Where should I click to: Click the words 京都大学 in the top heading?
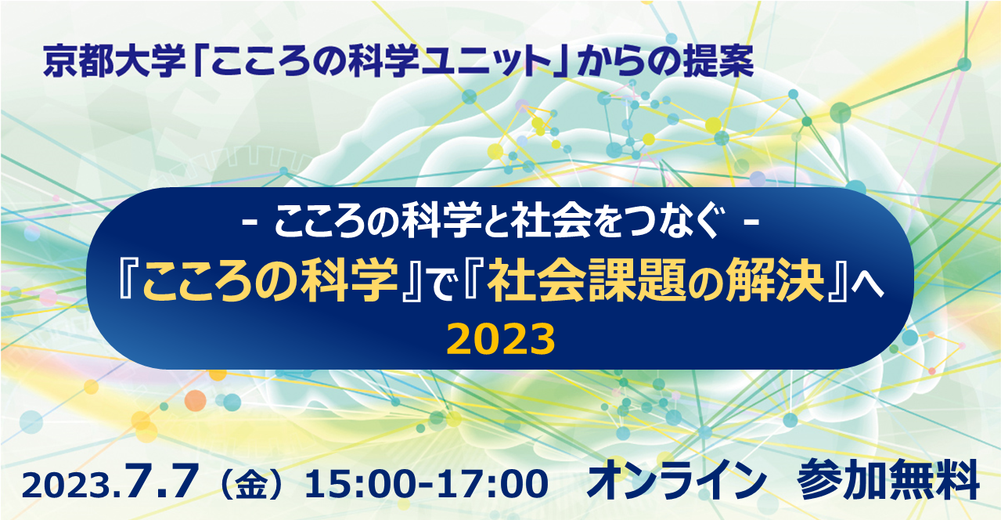click(x=114, y=61)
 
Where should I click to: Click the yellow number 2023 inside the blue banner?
click(x=501, y=339)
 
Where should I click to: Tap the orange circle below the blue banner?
click(x=196, y=400)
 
